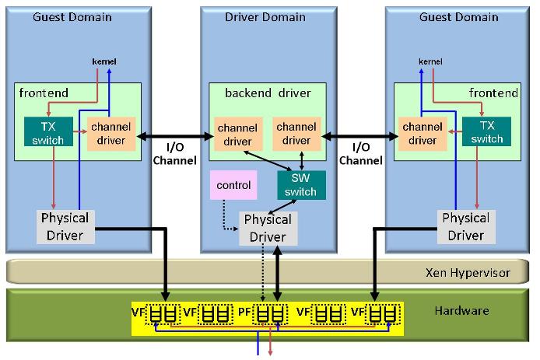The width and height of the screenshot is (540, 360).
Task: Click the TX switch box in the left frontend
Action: (x=48, y=131)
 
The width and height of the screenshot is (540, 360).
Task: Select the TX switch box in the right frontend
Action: (x=486, y=131)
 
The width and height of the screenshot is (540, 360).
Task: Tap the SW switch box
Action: (x=300, y=184)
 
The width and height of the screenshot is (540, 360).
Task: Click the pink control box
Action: (x=233, y=185)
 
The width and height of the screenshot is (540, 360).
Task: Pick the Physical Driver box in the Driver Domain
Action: (x=267, y=228)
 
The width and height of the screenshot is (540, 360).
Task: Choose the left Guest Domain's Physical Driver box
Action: (x=65, y=225)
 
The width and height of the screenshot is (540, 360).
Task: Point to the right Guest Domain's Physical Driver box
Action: (x=465, y=225)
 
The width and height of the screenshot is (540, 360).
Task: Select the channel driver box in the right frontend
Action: (x=423, y=133)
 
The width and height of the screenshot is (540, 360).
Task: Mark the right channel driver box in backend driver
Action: (x=296, y=133)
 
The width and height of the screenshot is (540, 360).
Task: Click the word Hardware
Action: (x=461, y=311)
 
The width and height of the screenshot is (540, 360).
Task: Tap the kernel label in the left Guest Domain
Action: (x=103, y=61)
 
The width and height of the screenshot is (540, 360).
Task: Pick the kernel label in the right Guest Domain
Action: (x=430, y=61)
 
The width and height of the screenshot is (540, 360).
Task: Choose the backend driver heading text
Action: (x=268, y=93)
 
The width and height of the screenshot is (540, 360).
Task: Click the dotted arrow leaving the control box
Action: (x=226, y=217)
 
